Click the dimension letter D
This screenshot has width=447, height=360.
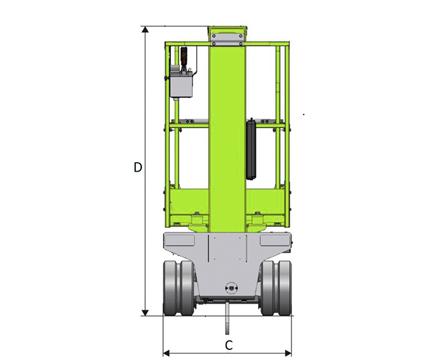138,167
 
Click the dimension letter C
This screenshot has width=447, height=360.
229,345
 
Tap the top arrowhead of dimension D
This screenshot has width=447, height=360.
145,30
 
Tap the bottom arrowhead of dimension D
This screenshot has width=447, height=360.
145,313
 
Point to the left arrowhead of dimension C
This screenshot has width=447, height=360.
166,353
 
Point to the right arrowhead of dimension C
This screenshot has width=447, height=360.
288,353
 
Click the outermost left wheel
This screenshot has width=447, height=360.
170,288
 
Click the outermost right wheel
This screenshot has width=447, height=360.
285,288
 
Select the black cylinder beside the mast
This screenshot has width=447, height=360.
251,149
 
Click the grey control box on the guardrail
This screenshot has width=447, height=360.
181,85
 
